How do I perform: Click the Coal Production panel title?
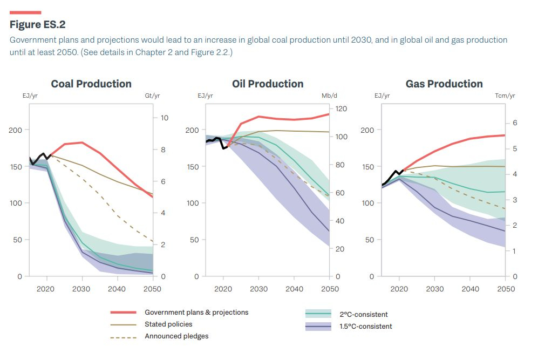(91, 84)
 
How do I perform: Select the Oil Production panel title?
(268, 84)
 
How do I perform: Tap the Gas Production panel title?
(444, 84)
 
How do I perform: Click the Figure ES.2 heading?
(38, 25)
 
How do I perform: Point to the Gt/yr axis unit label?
(152, 96)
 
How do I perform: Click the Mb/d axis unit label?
(329, 96)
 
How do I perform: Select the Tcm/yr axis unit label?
(505, 96)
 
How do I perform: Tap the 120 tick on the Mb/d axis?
(340, 109)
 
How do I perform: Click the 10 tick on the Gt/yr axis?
(165, 118)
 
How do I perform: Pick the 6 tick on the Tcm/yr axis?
(515, 123)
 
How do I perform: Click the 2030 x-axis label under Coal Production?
(81, 289)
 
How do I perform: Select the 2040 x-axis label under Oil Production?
(294, 289)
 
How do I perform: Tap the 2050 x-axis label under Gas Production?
(505, 289)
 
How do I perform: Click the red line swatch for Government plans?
(123, 313)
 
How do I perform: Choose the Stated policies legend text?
(168, 324)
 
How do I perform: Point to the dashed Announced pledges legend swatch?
(123, 337)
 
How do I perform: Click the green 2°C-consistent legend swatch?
(318, 314)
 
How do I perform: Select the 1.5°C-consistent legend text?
(365, 327)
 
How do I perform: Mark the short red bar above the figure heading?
(25, 12)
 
